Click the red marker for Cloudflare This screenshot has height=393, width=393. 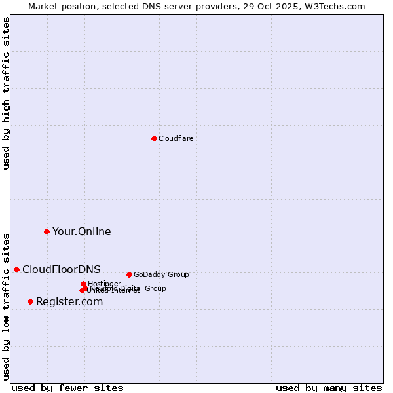pos(154,138)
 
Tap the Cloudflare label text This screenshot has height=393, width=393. pos(176,138)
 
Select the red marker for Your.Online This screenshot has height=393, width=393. pos(47,231)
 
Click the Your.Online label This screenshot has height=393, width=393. pos(81,231)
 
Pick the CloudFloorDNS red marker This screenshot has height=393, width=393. pos(16,269)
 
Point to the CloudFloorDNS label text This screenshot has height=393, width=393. pos(62,269)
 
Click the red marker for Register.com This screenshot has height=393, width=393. pos(30,301)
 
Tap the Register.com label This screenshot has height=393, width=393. pos(69,301)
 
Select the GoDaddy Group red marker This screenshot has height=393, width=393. pos(129,274)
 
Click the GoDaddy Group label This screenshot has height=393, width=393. pos(161,274)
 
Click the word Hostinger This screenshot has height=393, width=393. pos(105,284)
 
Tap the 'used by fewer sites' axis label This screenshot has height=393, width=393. pos(67,388)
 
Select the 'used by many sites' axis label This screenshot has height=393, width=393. pos(329,388)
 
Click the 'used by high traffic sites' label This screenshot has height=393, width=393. pos(7,93)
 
